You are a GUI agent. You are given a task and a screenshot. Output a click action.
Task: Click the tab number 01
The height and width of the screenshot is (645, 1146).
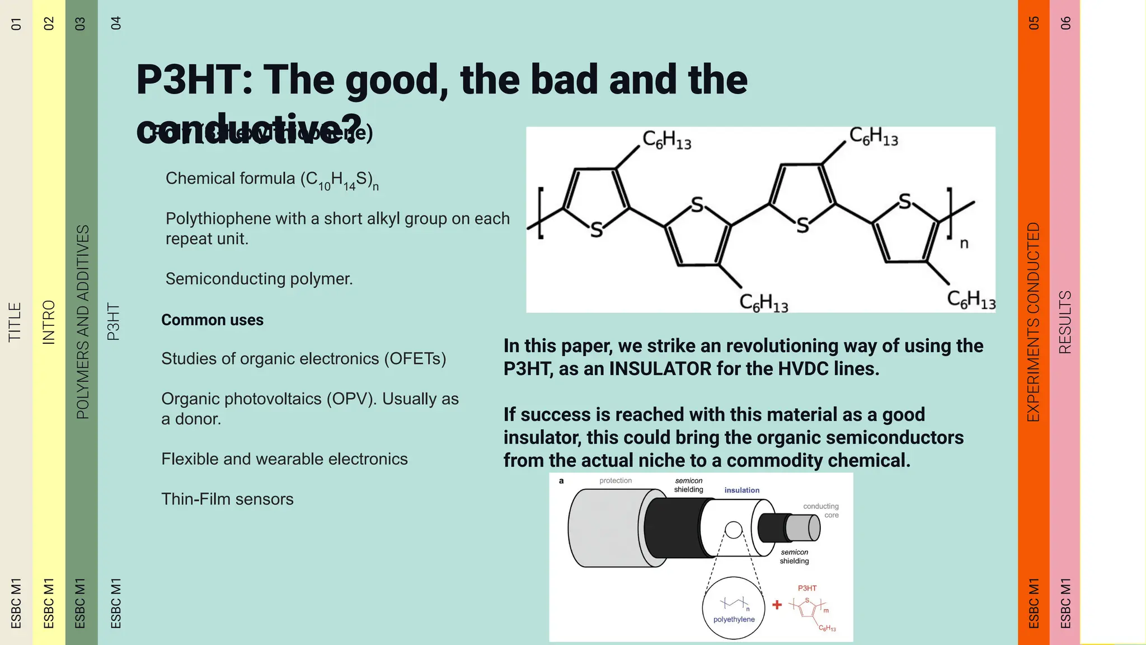[x=16, y=24]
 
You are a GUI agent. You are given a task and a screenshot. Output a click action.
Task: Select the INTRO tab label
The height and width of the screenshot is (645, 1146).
[x=49, y=322]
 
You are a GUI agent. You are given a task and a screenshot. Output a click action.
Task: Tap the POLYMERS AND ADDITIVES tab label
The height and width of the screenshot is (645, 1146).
[x=82, y=322]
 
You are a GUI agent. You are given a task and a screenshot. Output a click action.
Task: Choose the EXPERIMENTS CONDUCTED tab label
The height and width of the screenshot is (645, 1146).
[x=1033, y=322]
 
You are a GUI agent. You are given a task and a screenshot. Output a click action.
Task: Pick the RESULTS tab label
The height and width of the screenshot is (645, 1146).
[x=1065, y=322]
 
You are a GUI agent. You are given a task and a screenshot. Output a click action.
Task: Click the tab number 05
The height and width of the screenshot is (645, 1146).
[x=1034, y=23]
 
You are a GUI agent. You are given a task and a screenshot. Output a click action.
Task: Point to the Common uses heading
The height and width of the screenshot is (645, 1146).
[x=212, y=320]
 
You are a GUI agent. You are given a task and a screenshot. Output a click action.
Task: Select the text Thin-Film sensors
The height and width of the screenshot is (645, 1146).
[x=227, y=499]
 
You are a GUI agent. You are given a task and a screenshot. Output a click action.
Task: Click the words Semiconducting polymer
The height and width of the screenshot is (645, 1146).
[x=259, y=278]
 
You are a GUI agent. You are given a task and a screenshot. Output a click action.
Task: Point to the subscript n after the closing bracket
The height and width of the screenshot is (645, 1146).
[x=964, y=244]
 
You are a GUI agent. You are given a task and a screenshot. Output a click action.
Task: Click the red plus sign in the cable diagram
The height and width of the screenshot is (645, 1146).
[x=777, y=605]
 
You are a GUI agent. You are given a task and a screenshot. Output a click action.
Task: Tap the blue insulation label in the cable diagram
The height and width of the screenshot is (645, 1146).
[x=742, y=490]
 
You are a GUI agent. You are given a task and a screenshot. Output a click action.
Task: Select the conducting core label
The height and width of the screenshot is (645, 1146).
[x=821, y=511]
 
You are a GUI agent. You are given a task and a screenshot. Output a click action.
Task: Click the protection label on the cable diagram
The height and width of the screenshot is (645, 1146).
[x=616, y=481]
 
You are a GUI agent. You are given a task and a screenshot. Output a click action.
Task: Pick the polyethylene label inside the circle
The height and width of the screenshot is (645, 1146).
[x=734, y=619]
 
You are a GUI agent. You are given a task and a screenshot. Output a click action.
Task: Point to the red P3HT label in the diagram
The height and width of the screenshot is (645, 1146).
[x=807, y=588]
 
